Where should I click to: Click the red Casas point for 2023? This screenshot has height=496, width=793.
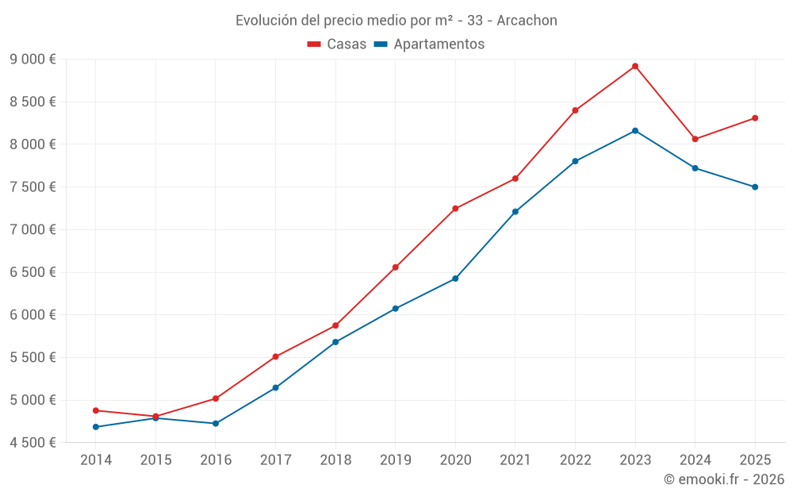click(635, 66)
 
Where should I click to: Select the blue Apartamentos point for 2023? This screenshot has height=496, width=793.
click(635, 130)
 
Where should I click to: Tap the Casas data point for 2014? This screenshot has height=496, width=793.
click(96, 410)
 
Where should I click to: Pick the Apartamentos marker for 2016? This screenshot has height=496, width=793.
click(216, 424)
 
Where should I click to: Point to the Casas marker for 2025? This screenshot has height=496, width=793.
click(755, 118)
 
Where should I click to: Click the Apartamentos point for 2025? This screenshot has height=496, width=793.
click(755, 187)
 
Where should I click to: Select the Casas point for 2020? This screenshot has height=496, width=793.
click(455, 209)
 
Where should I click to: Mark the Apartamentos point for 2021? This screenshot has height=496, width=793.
click(515, 212)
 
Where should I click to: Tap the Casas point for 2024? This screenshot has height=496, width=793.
click(695, 139)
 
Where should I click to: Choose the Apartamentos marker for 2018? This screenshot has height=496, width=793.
click(335, 342)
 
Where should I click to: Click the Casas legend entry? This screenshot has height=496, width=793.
click(337, 44)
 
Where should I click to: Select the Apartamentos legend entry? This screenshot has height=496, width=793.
click(429, 44)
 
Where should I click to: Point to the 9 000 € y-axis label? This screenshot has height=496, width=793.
click(33, 60)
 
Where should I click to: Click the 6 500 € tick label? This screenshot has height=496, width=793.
click(33, 272)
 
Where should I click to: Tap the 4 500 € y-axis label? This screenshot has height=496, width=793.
click(33, 443)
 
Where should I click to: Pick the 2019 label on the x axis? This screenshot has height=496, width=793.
click(396, 460)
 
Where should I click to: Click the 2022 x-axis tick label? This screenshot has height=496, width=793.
click(575, 460)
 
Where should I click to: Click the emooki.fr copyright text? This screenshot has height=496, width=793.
click(723, 479)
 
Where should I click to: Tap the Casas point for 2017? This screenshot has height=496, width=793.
click(275, 357)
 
